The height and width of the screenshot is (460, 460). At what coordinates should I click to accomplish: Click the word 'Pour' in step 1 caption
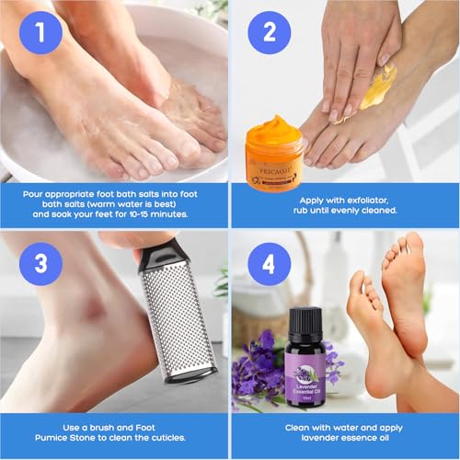(x=39, y=194)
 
